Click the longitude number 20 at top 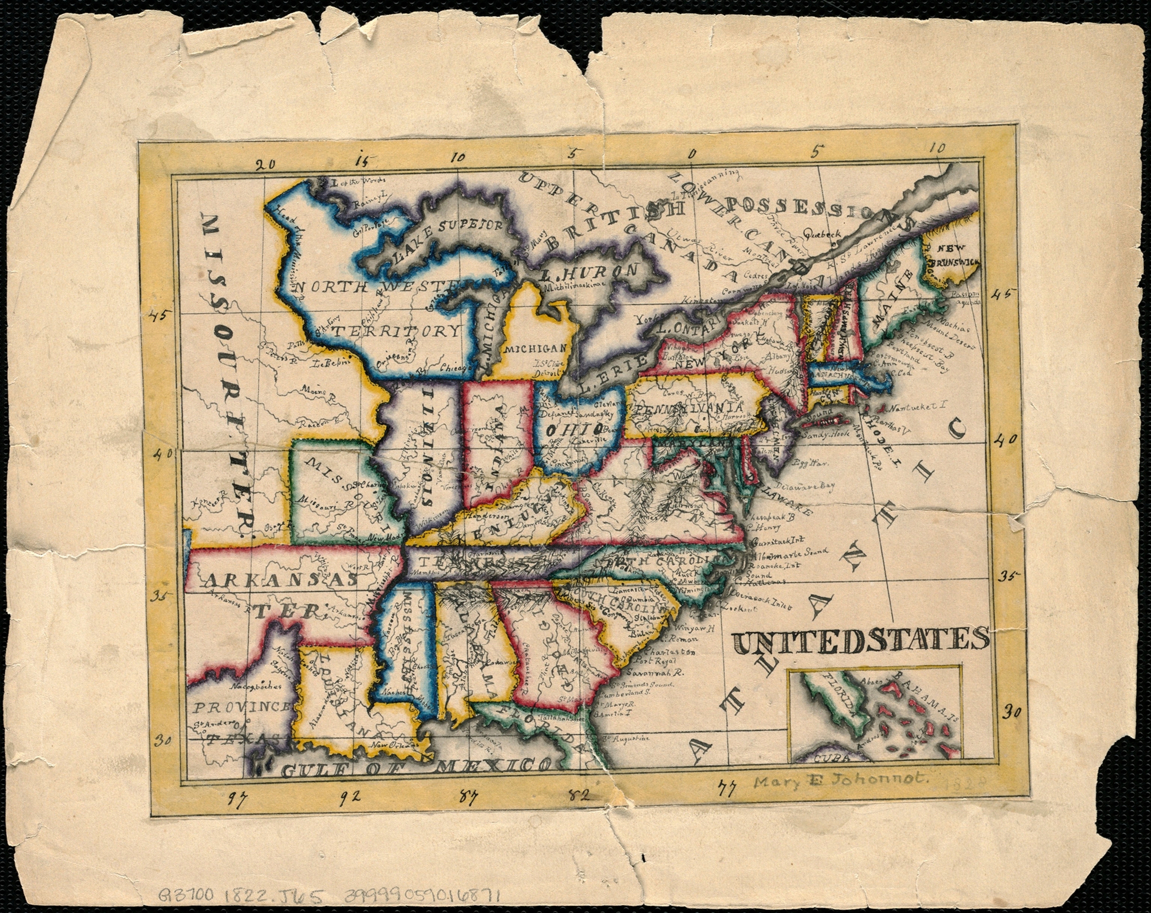click(x=265, y=165)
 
